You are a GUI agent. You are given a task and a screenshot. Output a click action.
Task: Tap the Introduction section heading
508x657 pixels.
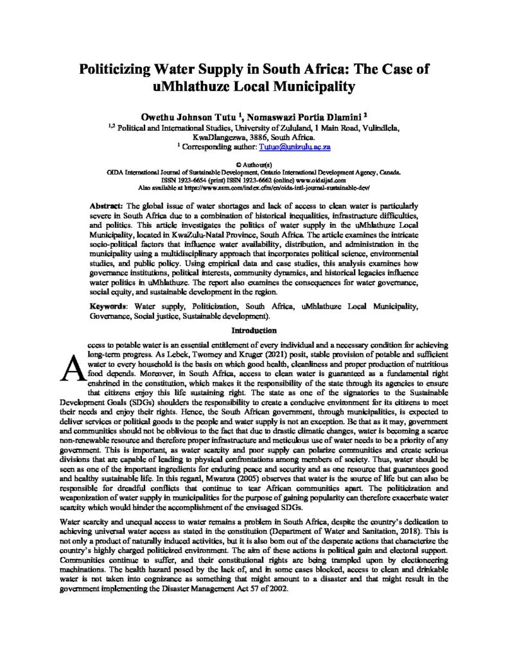pyautogui.click(x=254, y=331)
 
